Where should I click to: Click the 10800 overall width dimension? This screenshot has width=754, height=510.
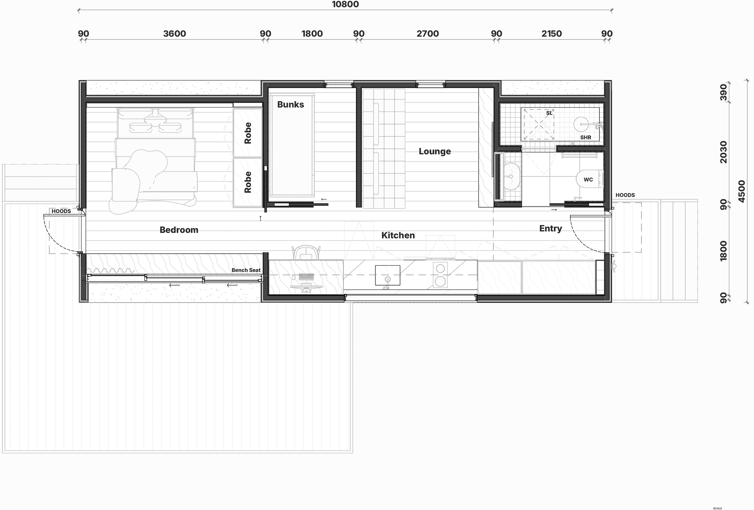345,4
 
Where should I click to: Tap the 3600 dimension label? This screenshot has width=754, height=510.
175,34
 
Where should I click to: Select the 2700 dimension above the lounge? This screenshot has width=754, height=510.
428,34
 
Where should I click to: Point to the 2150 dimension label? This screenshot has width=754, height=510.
552,34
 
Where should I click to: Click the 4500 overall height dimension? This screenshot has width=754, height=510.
742,192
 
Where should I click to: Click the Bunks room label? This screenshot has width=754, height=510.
291,104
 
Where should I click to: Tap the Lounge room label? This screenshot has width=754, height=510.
435,151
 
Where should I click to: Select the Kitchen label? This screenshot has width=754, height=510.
398,235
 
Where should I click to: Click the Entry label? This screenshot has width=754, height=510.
551,228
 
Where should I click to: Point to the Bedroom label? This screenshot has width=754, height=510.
179,230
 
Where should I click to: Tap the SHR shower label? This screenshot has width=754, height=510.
586,137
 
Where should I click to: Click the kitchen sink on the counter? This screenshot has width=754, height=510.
387,275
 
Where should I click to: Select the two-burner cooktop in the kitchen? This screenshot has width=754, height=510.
440,275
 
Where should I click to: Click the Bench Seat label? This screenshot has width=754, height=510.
246,270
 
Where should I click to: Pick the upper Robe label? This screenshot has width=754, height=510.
248,133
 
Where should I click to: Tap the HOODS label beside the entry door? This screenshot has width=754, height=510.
625,195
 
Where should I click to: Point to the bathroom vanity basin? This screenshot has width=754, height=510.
512,177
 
